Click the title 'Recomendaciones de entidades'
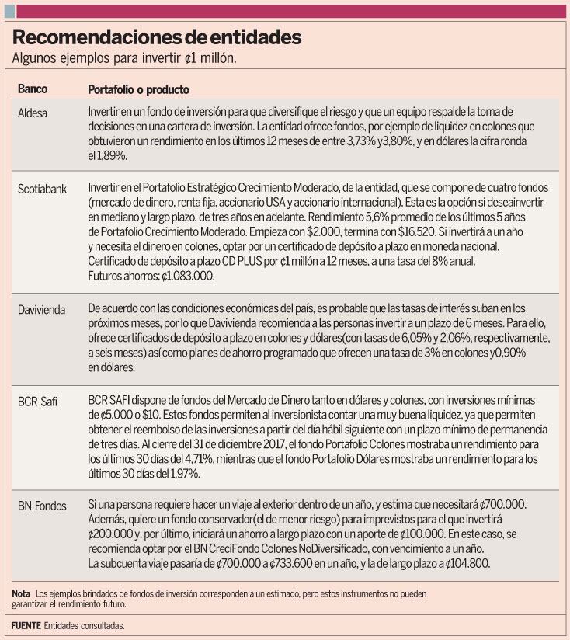[157, 37]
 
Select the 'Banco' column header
[33, 89]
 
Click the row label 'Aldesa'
[33, 113]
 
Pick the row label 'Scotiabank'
[43, 189]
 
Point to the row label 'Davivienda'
[43, 310]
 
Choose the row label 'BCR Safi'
[40, 402]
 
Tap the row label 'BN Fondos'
[42, 506]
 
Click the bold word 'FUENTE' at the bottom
[26, 625]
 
